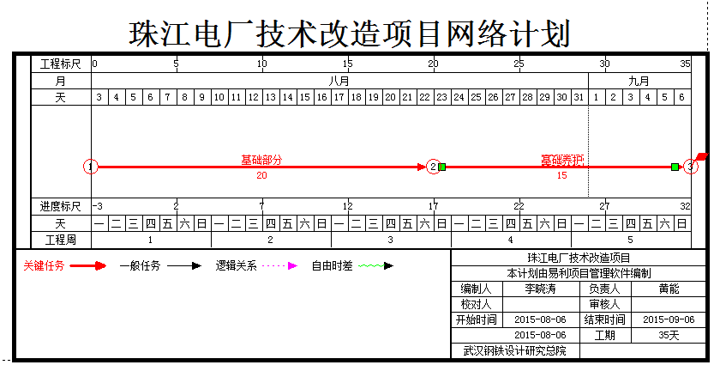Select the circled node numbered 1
[x=92, y=167]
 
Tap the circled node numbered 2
[x=434, y=167]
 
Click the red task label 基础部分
[x=261, y=160]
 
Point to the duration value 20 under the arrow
[x=261, y=175]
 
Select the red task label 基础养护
[x=561, y=160]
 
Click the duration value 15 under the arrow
[x=562, y=175]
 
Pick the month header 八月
[x=339, y=81]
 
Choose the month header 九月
[x=639, y=81]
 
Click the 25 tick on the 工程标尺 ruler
[x=519, y=64]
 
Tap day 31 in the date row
[x=579, y=98]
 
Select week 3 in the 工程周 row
[x=391, y=239]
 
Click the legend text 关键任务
[x=43, y=265]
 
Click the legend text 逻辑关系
[x=236, y=265]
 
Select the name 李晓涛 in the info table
[x=540, y=289]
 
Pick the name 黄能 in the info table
[x=669, y=289]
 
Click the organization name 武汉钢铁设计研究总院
[x=514, y=350]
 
